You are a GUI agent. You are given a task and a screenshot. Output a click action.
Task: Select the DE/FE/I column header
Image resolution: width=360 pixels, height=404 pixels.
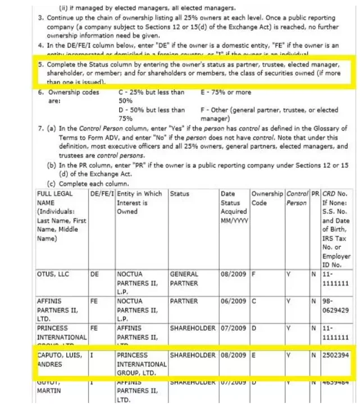point(101,194)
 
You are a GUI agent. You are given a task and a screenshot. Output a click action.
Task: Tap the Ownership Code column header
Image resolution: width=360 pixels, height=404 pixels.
point(267,198)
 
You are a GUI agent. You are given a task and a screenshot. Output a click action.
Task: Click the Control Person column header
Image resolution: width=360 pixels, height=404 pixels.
point(297,198)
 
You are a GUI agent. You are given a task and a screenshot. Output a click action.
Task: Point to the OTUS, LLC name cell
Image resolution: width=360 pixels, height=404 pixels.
point(52,274)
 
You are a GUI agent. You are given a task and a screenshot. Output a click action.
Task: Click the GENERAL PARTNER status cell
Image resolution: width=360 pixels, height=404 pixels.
point(184,279)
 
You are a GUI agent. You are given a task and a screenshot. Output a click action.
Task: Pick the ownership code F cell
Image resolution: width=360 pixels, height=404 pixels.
point(254,274)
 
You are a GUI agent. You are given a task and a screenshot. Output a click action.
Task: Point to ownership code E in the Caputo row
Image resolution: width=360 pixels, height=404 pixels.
point(254,355)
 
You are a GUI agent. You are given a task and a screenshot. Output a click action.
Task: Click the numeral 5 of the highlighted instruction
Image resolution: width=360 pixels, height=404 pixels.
point(40,65)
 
